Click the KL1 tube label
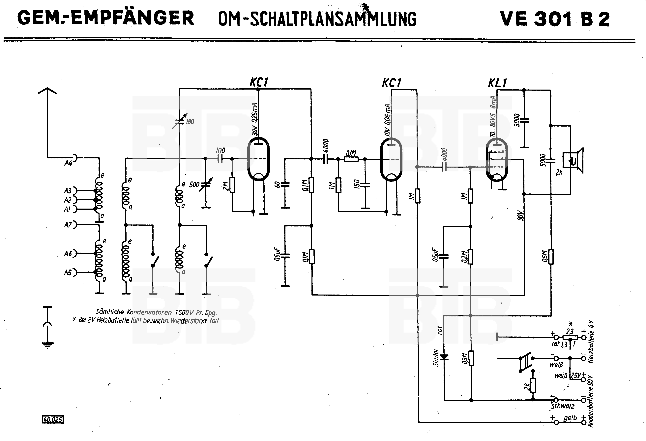[x=498, y=83]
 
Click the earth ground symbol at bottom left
[x=47, y=345]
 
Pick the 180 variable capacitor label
[x=190, y=122]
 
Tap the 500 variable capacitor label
[x=194, y=185]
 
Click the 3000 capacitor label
[x=516, y=120]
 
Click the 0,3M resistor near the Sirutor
[x=471, y=358]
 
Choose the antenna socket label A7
[x=68, y=225]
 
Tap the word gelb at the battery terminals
[x=570, y=418]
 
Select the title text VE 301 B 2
[x=555, y=19]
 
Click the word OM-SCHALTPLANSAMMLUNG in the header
[x=317, y=19]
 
